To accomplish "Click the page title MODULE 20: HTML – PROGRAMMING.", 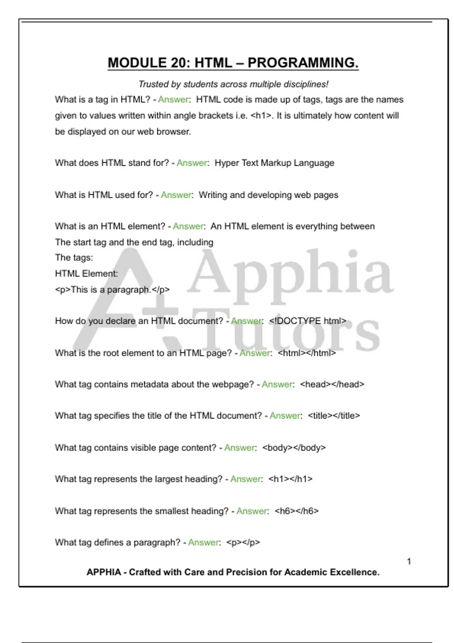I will [x=233, y=63].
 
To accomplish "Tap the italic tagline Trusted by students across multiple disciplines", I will [x=233, y=84].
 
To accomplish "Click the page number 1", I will [x=409, y=561].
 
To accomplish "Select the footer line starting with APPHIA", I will [x=233, y=572].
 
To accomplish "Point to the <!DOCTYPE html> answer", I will [x=308, y=321].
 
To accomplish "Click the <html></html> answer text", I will [x=306, y=353].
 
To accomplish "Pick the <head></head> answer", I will [x=332, y=384].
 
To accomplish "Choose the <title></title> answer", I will [x=334, y=416].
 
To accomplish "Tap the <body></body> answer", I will [x=294, y=448].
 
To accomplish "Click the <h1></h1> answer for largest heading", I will [x=290, y=479].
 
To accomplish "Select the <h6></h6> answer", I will [x=297, y=511].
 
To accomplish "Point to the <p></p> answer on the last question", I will [x=243, y=542].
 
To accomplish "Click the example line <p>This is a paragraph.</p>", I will [x=112, y=290].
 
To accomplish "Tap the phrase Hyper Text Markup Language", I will [x=274, y=163].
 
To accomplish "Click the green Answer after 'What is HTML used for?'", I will [x=176, y=195].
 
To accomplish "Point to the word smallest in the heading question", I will [x=171, y=511].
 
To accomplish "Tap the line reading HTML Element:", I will [x=86, y=273].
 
